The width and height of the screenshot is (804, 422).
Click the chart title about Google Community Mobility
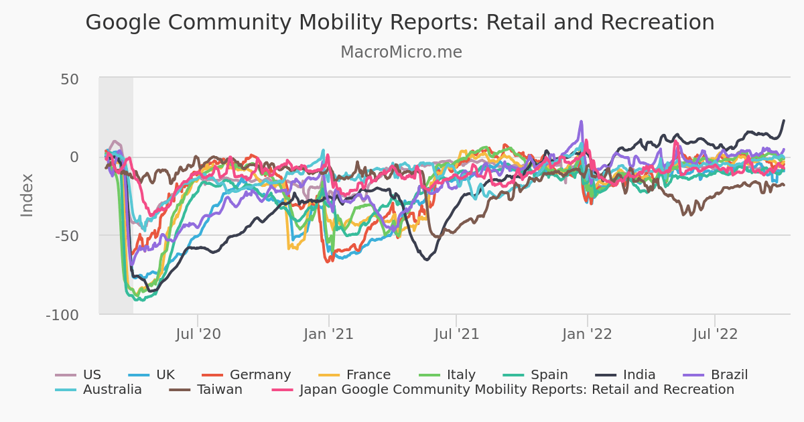(400, 23)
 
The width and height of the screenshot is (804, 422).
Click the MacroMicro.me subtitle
(401, 52)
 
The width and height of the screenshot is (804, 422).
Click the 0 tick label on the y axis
(74, 157)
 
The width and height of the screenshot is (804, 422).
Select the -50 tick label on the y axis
(66, 236)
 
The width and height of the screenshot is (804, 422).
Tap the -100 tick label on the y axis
(62, 315)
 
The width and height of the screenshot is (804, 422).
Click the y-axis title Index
(27, 195)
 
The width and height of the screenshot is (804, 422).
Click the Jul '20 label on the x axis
(198, 334)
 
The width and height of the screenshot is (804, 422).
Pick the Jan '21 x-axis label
(328, 334)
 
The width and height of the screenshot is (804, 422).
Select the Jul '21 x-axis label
(456, 334)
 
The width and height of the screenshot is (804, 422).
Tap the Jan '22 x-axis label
(587, 334)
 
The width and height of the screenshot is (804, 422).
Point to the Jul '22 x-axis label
(715, 334)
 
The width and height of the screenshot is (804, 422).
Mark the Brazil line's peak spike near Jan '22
(582, 122)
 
